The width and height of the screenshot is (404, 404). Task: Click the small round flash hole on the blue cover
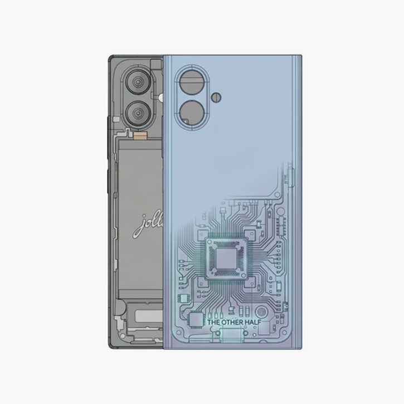point(216,98)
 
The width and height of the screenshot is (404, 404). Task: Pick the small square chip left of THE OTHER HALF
point(197,320)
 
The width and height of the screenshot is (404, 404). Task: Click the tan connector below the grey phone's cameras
point(139,134)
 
